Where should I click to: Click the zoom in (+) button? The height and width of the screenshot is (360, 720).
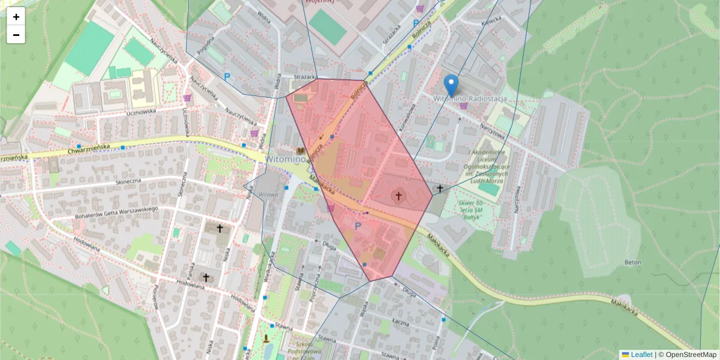[16, 17]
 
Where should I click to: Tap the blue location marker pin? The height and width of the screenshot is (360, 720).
[451, 86]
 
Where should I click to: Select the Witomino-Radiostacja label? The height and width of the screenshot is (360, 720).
[470, 98]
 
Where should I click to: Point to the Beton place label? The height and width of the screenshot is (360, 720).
[632, 262]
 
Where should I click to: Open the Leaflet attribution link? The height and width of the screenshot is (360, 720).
[641, 355]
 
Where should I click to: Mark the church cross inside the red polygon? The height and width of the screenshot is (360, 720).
[398, 195]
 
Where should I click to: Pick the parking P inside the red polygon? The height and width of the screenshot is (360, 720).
[358, 226]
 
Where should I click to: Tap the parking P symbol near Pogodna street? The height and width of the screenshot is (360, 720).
[227, 77]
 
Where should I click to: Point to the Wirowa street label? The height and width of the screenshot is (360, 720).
[268, 194]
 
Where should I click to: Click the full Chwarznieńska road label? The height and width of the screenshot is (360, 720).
[90, 149]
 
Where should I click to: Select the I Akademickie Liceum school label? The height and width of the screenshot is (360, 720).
[487, 163]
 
